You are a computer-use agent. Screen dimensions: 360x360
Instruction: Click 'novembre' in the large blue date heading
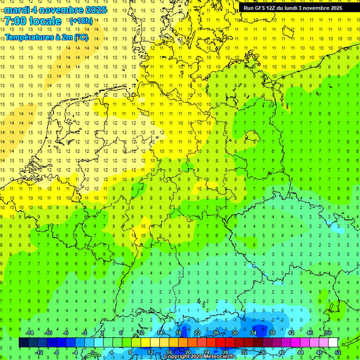click(60, 10)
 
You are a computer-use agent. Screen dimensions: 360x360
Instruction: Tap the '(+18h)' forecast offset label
click(81, 21)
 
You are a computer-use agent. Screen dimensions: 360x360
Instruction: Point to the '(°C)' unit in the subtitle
click(81, 37)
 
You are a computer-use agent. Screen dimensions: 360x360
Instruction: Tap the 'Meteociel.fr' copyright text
click(220, 357)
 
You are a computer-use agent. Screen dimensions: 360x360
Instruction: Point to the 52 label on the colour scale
click(338, 352)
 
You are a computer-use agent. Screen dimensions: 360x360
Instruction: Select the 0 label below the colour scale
click(93, 352)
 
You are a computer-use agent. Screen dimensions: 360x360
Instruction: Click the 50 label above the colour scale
click(328, 333)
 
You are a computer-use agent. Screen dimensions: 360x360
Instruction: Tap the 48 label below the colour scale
click(319, 352)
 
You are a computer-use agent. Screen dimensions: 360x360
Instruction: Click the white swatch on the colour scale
click(333, 343)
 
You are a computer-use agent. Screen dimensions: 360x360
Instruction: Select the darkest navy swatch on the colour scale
click(23, 343)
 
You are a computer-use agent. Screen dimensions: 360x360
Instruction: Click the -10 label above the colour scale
click(48, 333)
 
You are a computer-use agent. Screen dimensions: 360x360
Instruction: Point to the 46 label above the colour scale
click(310, 333)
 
